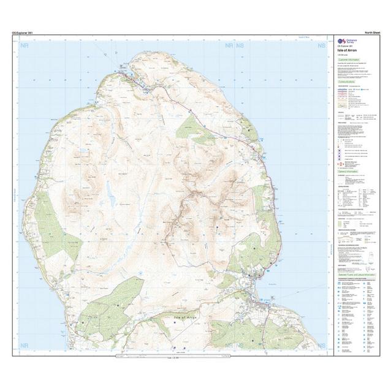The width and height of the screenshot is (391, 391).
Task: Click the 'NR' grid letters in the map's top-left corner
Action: (x=24, y=46)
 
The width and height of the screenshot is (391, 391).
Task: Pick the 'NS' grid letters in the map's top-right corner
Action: (x=321, y=46)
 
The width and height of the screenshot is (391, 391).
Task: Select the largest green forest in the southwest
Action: (x=116, y=300)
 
